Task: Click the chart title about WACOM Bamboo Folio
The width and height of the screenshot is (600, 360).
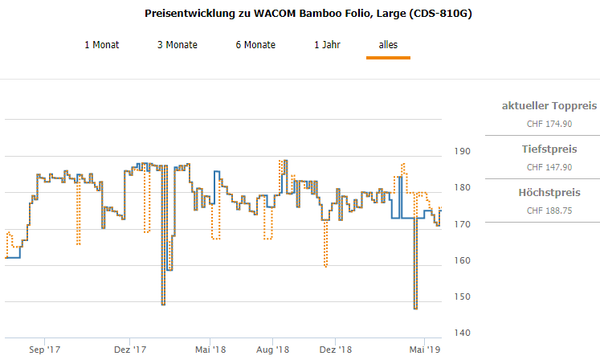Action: tap(308, 14)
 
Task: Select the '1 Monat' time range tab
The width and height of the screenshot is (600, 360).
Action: tap(102, 45)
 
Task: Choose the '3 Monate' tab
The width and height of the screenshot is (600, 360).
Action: tap(178, 45)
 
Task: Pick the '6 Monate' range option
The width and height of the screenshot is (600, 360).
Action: tap(255, 45)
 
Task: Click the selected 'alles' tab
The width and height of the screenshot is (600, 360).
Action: tap(388, 45)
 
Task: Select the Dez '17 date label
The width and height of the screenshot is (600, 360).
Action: tap(129, 350)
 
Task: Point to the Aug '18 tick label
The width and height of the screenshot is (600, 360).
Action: tap(273, 350)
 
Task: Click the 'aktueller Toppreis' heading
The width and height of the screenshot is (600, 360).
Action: tap(549, 106)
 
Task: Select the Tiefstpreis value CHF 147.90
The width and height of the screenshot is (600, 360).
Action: tap(549, 167)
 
